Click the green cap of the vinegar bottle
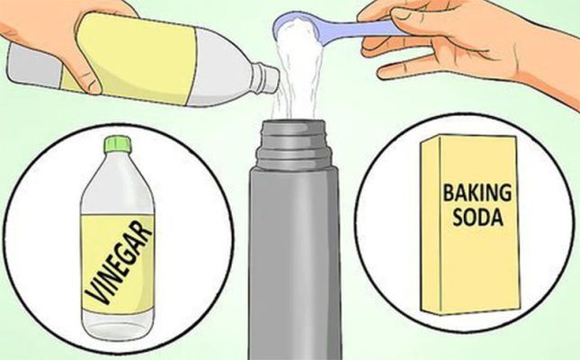tap(119, 144)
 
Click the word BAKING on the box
tap(477, 193)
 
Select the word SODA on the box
tap(477, 218)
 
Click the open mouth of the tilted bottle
tap(273, 80)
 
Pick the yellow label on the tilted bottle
tap(129, 56)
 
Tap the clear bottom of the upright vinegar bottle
tap(118, 322)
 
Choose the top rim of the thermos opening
tap(294, 122)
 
